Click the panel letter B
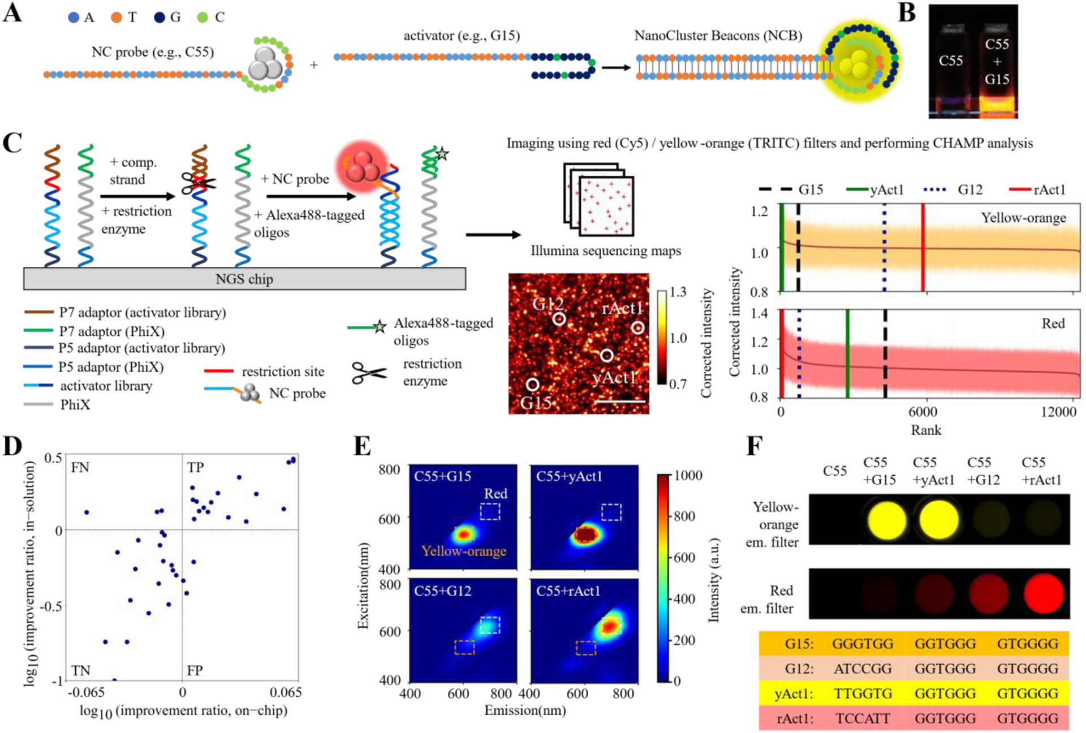click(907, 12)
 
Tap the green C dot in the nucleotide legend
click(202, 18)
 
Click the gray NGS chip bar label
click(244, 279)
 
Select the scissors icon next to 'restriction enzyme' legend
click(369, 373)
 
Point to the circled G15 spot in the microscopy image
click(532, 385)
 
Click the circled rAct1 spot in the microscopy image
click(637, 327)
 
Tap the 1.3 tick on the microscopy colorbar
click(678, 292)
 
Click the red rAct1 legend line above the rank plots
click(1019, 189)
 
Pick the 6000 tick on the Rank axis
click(923, 412)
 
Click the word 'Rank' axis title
click(925, 430)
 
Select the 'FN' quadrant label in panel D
click(80, 468)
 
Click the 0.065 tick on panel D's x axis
click(285, 692)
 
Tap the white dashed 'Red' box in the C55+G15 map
click(490, 511)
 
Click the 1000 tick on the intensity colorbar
click(688, 475)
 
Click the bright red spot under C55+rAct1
click(1044, 594)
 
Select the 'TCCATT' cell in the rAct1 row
click(863, 719)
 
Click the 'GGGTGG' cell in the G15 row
click(863, 644)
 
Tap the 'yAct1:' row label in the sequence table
click(794, 694)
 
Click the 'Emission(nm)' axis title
click(525, 710)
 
